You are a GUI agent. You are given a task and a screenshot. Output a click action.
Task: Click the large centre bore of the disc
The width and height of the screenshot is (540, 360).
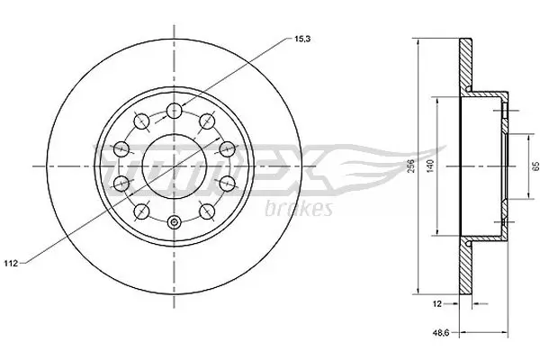(171, 166)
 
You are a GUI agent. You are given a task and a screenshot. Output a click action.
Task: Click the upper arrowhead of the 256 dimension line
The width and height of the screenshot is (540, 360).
(419, 41)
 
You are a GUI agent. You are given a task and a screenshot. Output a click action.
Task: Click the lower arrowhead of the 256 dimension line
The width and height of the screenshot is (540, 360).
(419, 291)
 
